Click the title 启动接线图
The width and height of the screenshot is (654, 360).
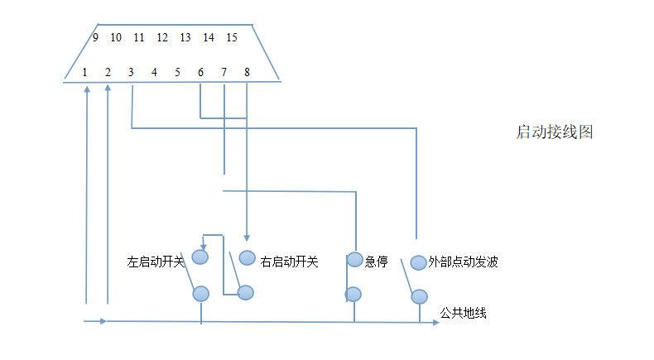click(555, 132)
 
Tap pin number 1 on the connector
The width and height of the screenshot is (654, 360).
click(84, 72)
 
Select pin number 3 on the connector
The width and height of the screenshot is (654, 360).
click(131, 72)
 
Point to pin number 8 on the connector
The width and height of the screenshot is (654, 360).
click(247, 72)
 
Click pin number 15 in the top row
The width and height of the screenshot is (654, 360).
click(232, 37)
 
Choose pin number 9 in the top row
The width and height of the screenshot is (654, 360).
click(95, 37)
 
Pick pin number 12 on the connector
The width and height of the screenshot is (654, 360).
click(162, 37)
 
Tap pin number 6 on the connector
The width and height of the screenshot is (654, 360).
click(200, 72)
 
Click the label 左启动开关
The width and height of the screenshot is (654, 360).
click(156, 262)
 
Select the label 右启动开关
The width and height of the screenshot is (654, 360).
click(289, 262)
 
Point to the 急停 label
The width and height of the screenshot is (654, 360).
click(376, 262)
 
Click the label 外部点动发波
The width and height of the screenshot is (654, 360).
click(463, 262)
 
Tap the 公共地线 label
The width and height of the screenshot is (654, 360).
click(463, 313)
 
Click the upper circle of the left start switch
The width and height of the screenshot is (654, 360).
click(200, 257)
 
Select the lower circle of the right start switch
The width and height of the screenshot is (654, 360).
click(245, 292)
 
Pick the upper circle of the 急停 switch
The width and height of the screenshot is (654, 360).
click(354, 260)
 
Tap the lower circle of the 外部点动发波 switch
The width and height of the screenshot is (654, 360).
click(419, 297)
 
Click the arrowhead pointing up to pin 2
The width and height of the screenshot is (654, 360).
click(108, 89)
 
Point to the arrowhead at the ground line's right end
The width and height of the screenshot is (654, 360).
click(435, 322)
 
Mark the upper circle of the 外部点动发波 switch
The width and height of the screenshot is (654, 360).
click(418, 263)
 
